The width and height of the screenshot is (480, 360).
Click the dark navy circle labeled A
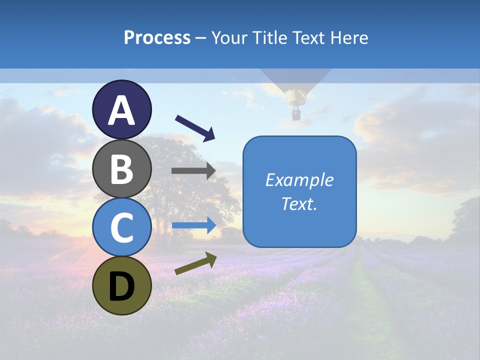[x=122, y=109]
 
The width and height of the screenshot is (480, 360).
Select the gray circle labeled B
[x=122, y=168]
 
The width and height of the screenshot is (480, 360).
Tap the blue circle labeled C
[x=122, y=227]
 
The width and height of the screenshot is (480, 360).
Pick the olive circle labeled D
[x=122, y=286]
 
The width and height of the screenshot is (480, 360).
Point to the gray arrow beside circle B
[x=193, y=170]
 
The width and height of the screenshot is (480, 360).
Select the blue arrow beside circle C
[x=194, y=225]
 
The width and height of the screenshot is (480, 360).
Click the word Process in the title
[x=157, y=37]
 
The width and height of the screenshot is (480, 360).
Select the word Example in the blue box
[x=299, y=180]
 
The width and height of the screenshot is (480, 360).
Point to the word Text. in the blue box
[x=299, y=203]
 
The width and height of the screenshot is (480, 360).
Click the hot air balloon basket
[x=296, y=115]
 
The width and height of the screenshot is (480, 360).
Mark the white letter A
[x=122, y=110]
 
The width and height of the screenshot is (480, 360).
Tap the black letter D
[x=122, y=286]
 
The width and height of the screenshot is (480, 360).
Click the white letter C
[x=122, y=228]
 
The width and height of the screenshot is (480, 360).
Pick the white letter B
[x=122, y=169]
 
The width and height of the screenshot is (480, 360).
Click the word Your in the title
[x=228, y=37]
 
